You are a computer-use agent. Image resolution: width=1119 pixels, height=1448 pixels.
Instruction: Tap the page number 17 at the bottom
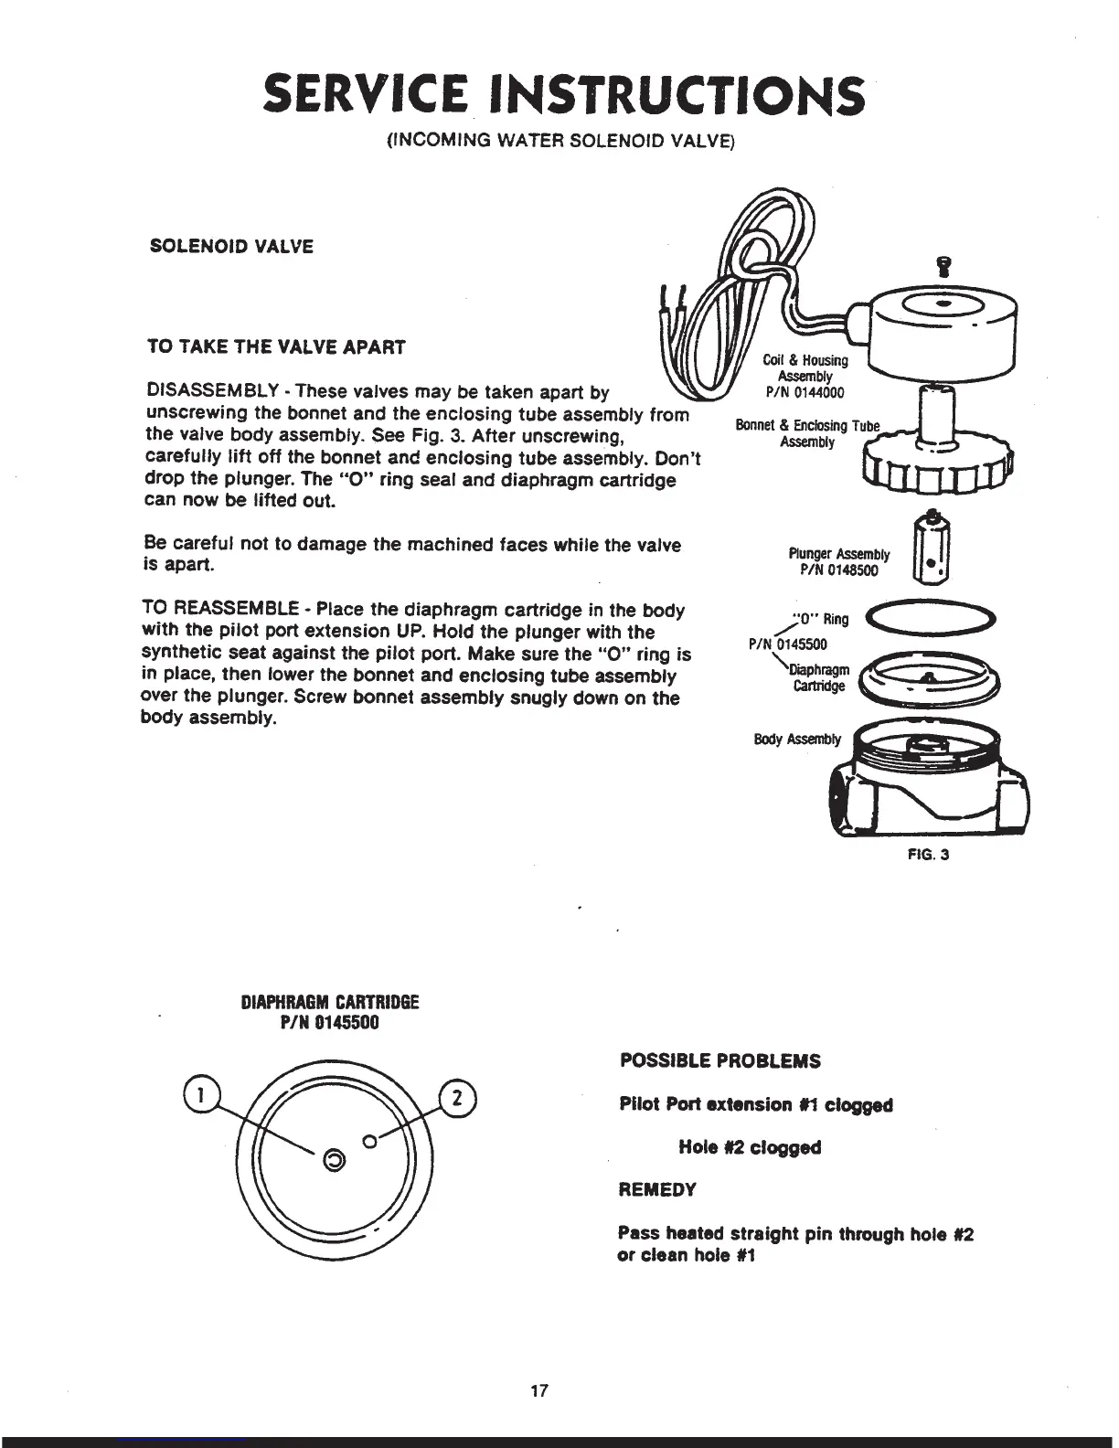pyautogui.click(x=539, y=1391)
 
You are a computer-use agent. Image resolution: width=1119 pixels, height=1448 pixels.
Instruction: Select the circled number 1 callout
pyautogui.click(x=197, y=1093)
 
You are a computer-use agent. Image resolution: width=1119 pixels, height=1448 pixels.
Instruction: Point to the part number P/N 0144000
pyautogui.click(x=805, y=393)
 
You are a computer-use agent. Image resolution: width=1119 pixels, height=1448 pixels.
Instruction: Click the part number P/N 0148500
pyautogui.click(x=839, y=570)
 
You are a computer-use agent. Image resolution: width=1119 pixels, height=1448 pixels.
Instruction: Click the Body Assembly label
pyautogui.click(x=796, y=739)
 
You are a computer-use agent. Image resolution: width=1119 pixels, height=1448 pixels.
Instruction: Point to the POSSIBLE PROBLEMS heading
pyautogui.click(x=720, y=1061)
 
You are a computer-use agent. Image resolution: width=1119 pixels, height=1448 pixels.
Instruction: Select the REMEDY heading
pyautogui.click(x=657, y=1190)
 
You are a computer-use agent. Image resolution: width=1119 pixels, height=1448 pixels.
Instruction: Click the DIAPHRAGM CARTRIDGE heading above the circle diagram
pyautogui.click(x=329, y=1002)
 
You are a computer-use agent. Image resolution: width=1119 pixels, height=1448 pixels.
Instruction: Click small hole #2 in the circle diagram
pyautogui.click(x=369, y=1141)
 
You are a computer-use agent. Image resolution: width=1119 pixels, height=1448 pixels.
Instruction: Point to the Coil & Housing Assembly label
pyautogui.click(x=805, y=368)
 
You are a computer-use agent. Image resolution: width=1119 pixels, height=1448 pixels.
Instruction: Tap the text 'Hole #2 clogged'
pyautogui.click(x=750, y=1147)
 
